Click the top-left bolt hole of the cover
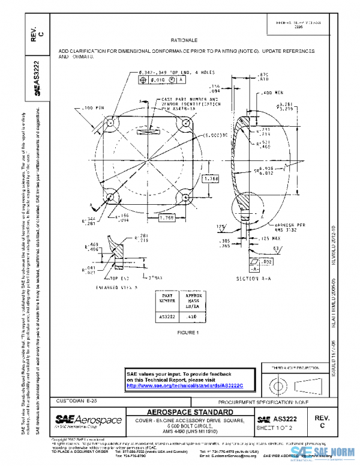(x=111, y=123)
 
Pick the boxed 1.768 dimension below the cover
(x=167, y=217)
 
